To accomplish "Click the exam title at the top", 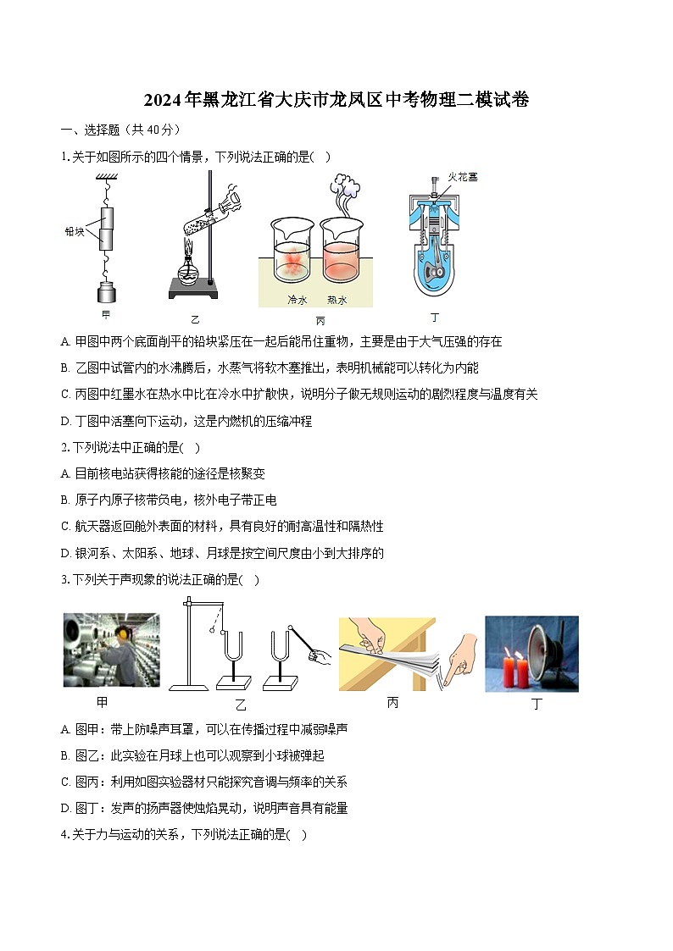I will tap(336, 100).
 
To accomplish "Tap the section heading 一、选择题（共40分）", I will tap(120, 130).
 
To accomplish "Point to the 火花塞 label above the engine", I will tap(463, 176).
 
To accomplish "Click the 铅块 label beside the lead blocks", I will tap(75, 230).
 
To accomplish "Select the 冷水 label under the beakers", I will tap(298, 300).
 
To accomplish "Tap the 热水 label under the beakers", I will tap(336, 300).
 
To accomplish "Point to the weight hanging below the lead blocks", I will tap(107, 294).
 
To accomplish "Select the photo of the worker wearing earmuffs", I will tap(111, 650).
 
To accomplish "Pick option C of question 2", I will tap(222, 527).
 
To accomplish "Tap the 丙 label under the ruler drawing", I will tap(392, 703).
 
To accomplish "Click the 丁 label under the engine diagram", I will tap(435, 318).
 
